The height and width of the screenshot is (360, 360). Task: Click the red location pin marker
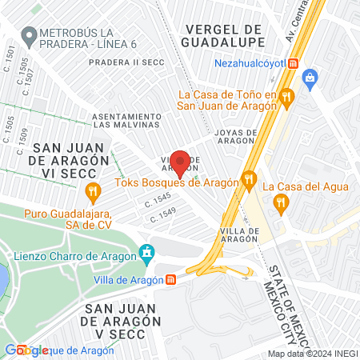pyautogui.click(x=180, y=163)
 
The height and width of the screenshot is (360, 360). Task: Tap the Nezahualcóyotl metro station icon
pyautogui.click(x=294, y=63)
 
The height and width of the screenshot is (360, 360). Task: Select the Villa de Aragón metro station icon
pyautogui.click(x=170, y=280)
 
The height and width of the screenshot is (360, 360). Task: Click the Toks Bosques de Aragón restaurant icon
pyautogui.click(x=250, y=181)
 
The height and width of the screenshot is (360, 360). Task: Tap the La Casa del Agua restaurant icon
pyautogui.click(x=280, y=203)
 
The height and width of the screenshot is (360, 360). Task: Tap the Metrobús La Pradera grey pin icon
pyautogui.click(x=30, y=34)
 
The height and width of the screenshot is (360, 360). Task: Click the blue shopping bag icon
pyautogui.click(x=310, y=78)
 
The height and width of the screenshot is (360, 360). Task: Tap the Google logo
pyautogui.click(x=26, y=350)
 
